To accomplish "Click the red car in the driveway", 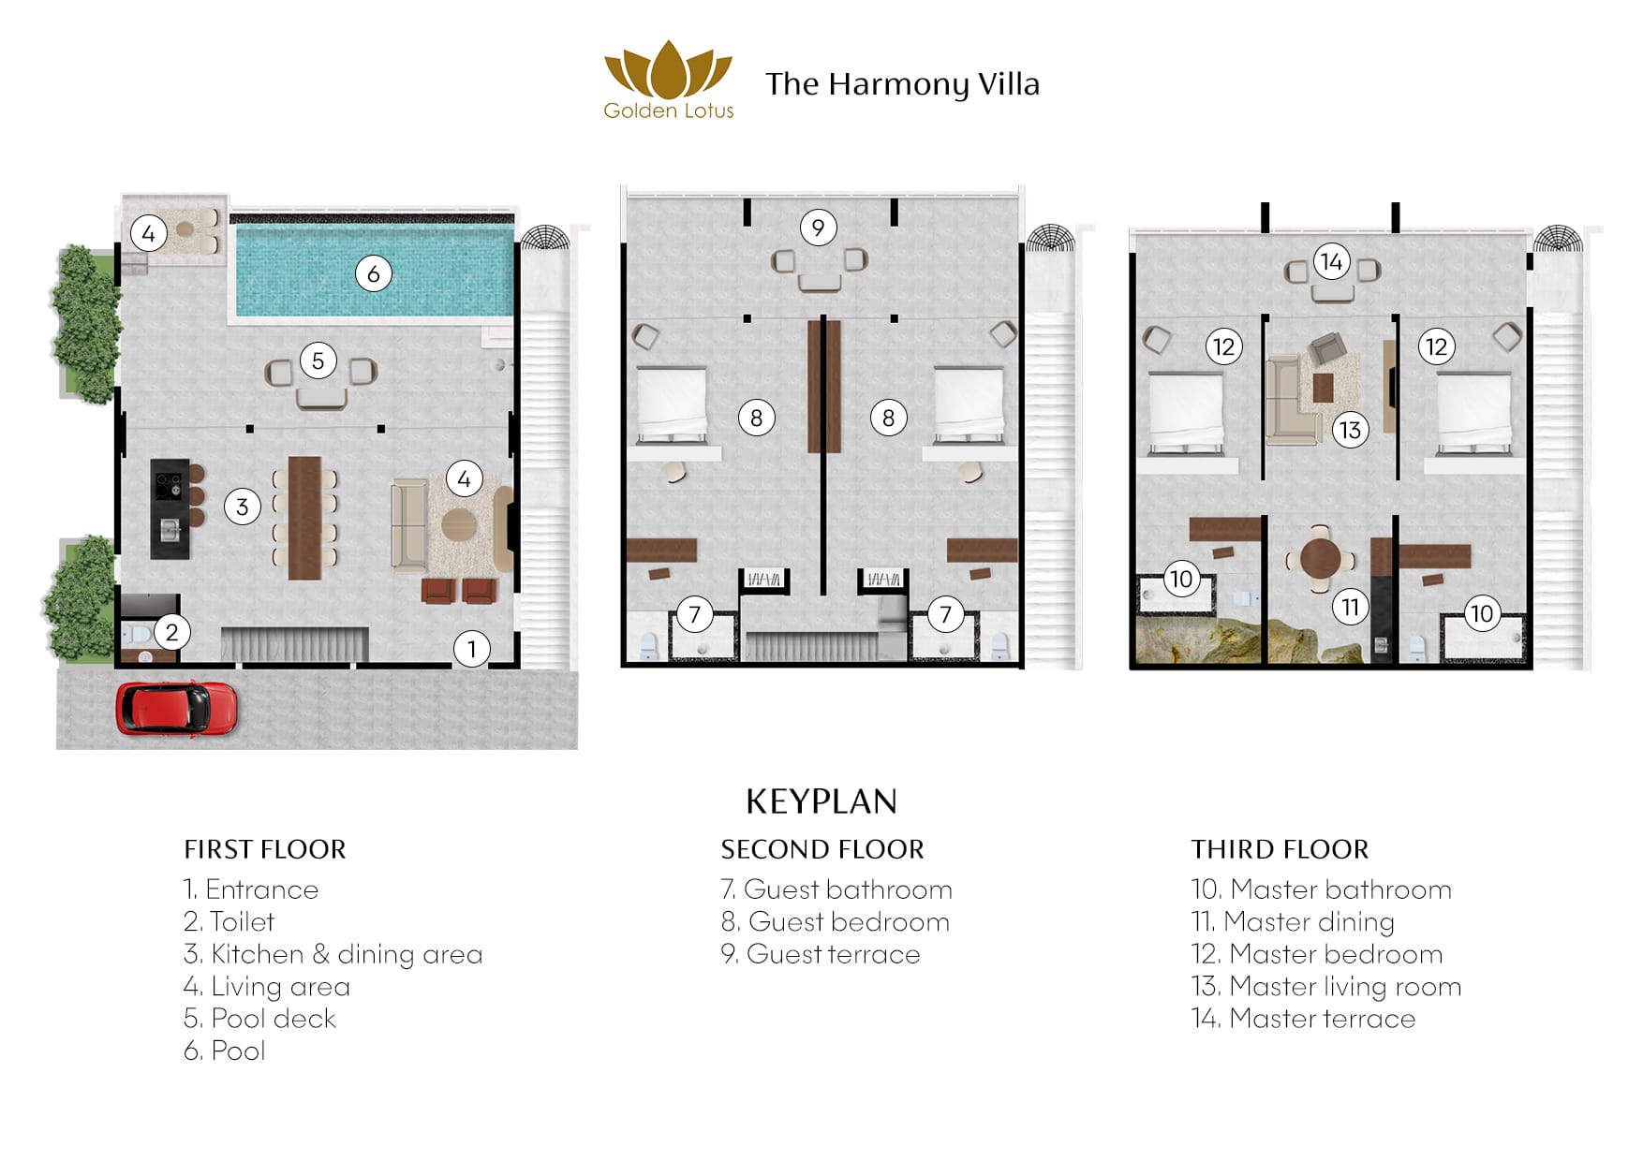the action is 176,708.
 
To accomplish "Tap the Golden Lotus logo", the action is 668,81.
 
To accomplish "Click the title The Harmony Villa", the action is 902,84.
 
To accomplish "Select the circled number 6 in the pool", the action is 373,273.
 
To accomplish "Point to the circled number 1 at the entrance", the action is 472,648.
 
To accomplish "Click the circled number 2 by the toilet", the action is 171,632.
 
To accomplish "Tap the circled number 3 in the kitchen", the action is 243,507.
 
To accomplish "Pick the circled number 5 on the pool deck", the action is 318,360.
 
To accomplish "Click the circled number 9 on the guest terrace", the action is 819,227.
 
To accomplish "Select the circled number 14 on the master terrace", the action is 1332,261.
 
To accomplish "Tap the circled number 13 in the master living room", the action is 1350,430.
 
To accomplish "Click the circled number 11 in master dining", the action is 1350,608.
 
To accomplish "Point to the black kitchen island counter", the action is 170,508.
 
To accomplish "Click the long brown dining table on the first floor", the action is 304,518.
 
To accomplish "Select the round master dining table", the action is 1321,560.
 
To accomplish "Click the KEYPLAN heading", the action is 821,801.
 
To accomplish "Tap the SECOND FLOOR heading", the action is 822,849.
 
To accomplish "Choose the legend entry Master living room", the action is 1326,986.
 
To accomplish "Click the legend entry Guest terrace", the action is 821,954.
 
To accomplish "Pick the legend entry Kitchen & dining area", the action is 333,954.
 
